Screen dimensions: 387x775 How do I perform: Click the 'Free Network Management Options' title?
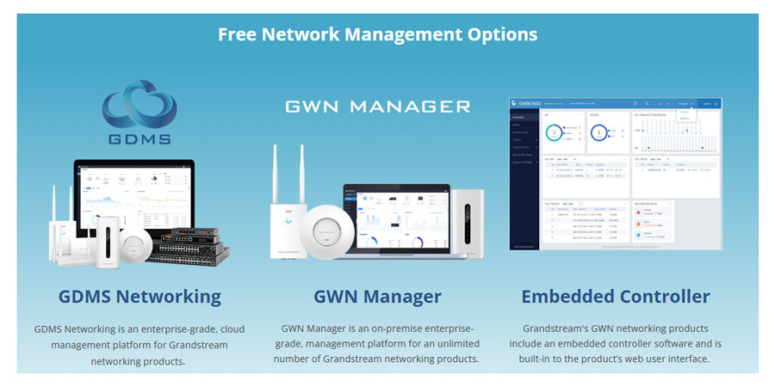[x=377, y=34]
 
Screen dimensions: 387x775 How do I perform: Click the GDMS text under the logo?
[x=139, y=138]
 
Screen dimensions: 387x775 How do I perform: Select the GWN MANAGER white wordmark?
[x=378, y=107]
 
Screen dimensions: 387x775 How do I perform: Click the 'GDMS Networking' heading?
[x=139, y=297]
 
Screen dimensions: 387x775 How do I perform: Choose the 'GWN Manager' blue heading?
[x=377, y=297]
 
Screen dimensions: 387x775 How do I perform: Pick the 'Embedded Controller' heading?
[x=616, y=297]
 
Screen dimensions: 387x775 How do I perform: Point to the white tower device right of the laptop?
[x=469, y=224]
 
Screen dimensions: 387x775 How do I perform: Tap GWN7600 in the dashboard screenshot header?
[x=526, y=102]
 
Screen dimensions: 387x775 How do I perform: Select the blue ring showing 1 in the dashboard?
[x=599, y=133]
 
